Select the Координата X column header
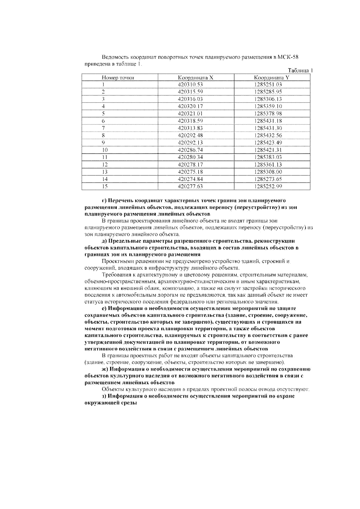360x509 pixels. pyautogui.click(x=195, y=78)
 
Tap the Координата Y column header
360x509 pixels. pyautogui.click(x=271, y=78)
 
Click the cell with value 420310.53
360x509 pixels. pyautogui.click(x=190, y=85)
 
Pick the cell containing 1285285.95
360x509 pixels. pyautogui.click(x=268, y=92)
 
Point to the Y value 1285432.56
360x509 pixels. pyautogui.click(x=268, y=136)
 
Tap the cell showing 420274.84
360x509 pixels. pyautogui.click(x=190, y=179)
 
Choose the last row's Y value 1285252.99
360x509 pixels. pyautogui.click(x=268, y=186)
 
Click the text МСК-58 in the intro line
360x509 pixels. pyautogui.click(x=288, y=57)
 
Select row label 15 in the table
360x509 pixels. pyautogui.click(x=105, y=186)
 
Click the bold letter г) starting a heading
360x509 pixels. pyautogui.click(x=104, y=200)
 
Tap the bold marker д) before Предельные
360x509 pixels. pyautogui.click(x=105, y=241)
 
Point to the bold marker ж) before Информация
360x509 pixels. pyautogui.click(x=105, y=369)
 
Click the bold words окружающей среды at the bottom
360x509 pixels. pyautogui.click(x=111, y=403)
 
